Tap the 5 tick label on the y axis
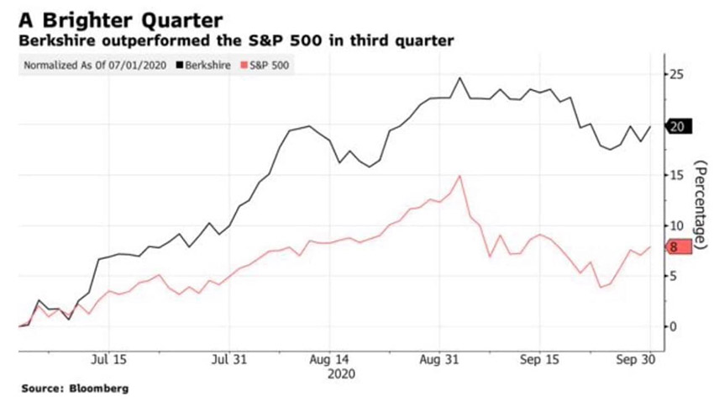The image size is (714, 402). click(676, 276)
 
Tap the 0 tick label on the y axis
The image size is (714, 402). click(676, 326)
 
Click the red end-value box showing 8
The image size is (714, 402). click(676, 246)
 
